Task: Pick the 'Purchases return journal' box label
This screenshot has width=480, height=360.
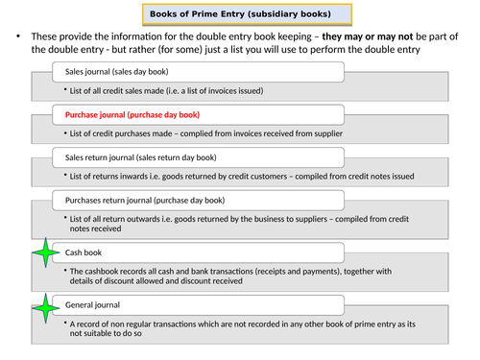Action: (144, 200)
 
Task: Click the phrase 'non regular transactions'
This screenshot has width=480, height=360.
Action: (168, 324)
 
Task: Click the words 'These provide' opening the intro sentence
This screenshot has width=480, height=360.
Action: (61, 36)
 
